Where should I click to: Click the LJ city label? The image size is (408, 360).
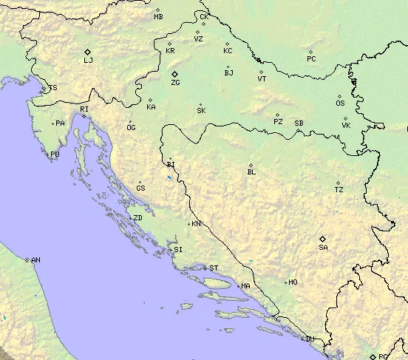point(88,60)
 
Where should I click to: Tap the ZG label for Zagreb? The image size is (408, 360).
point(175,83)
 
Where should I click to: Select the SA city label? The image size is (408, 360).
point(323,248)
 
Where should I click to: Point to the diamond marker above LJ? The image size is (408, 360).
point(88,50)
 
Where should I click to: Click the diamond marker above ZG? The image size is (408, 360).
point(174,74)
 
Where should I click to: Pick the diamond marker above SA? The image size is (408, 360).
point(322,238)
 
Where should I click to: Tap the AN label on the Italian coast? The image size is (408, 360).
point(35,260)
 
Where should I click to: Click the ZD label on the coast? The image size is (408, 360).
point(137,218)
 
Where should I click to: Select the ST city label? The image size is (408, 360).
point(214,268)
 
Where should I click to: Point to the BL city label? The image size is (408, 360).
point(251,172)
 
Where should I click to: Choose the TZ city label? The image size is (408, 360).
point(339,190)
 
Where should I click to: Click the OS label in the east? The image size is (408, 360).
point(340,103)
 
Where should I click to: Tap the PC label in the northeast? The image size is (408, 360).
point(311,58)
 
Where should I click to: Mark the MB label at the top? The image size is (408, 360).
point(158,16)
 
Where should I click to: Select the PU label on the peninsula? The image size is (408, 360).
point(54,154)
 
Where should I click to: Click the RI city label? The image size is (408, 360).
point(84,109)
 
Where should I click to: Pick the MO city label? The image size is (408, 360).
point(293,282)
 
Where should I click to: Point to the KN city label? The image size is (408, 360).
point(196,223)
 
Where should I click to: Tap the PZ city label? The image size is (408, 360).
point(278,121)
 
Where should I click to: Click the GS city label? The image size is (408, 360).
point(140,188)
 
